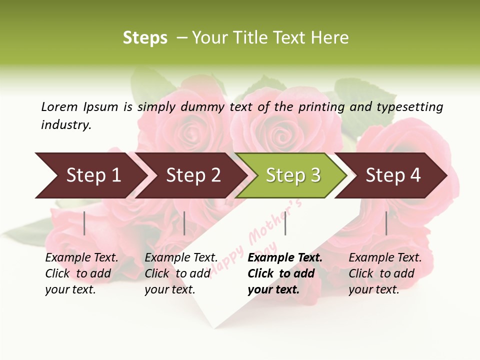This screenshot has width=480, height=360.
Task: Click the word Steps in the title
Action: click(145, 38)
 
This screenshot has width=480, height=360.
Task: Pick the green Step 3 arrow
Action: click(293, 175)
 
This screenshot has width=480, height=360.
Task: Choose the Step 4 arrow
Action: click(393, 175)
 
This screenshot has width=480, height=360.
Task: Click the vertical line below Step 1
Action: click(84, 223)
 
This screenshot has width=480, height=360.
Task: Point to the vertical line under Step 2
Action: click(184, 223)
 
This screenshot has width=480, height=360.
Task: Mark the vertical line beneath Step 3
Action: click(285, 223)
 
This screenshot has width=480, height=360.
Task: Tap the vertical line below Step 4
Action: click(386, 223)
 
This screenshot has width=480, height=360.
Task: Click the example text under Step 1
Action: click(81, 273)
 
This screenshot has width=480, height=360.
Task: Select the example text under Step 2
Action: click(181, 273)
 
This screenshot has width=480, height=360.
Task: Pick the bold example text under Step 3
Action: click(285, 273)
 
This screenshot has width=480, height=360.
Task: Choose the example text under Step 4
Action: click(385, 273)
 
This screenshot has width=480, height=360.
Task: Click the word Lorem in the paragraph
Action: click(59, 106)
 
